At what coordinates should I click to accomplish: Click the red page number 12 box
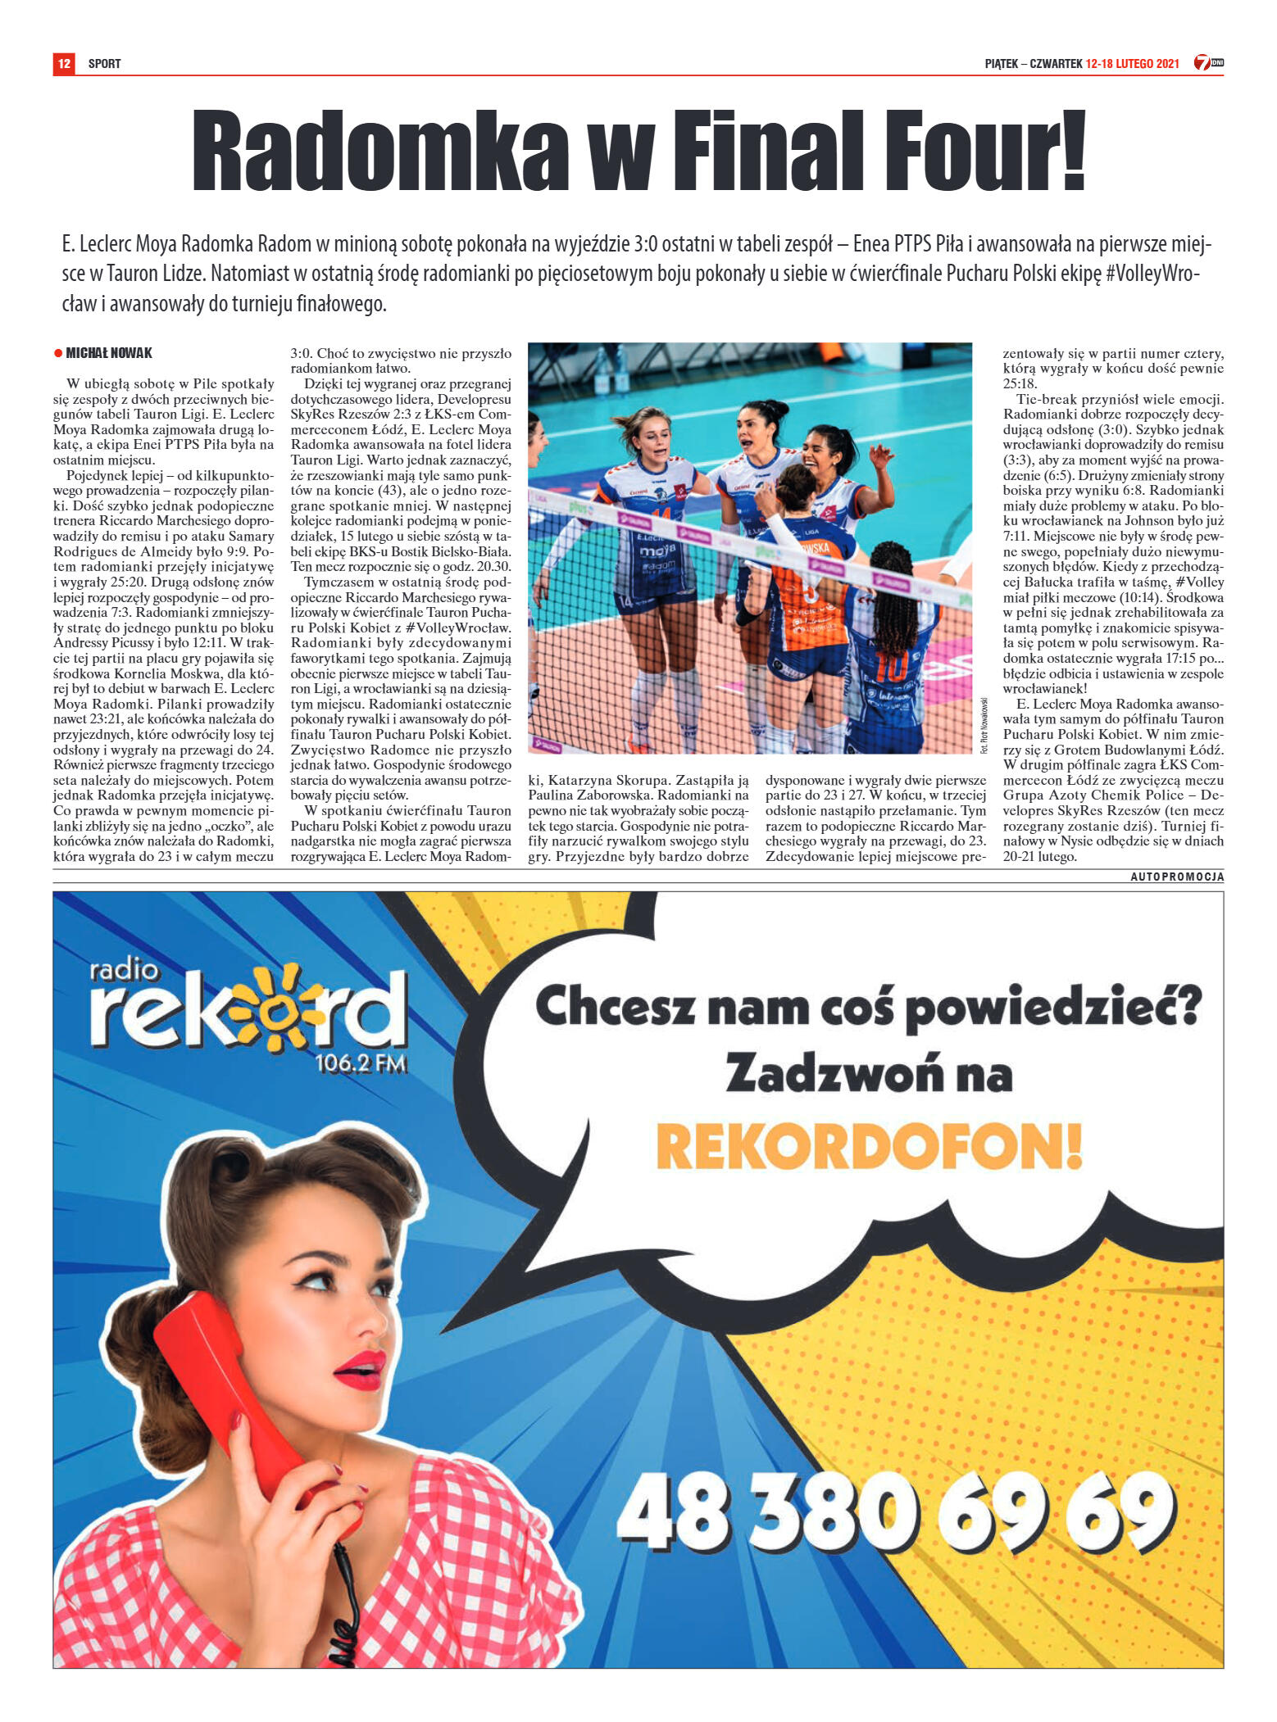(64, 63)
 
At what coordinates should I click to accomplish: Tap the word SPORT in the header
(104, 64)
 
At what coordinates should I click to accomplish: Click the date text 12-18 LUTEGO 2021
(1132, 63)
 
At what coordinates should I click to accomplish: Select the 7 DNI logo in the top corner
(1208, 62)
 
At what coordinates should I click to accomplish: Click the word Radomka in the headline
(379, 152)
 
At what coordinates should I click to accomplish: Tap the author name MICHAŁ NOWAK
(109, 353)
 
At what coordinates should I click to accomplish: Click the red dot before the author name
(58, 353)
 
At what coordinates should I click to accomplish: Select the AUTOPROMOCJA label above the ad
(1177, 877)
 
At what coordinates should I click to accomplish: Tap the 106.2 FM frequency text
(361, 1063)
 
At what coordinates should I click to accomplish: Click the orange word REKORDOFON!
(869, 1146)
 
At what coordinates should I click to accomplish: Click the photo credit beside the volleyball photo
(984, 724)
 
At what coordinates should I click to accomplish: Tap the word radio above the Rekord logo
(125, 970)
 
